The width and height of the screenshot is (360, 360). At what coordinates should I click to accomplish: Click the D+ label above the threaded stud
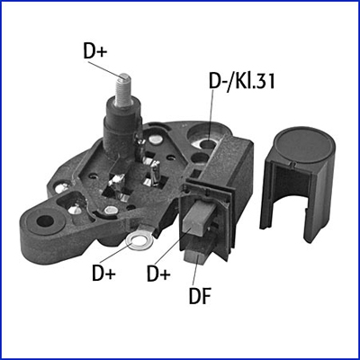pos(94,51)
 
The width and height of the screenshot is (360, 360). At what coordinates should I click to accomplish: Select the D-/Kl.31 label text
pos(242,81)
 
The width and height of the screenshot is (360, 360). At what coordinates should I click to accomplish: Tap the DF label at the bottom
pos(200,295)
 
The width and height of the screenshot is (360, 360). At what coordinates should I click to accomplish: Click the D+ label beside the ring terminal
pos(103,274)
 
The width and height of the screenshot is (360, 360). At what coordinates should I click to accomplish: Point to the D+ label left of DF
pos(158,274)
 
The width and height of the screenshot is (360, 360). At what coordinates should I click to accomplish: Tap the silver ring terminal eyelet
pos(139,240)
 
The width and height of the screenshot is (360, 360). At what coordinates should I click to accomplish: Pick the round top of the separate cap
pos(304,145)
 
